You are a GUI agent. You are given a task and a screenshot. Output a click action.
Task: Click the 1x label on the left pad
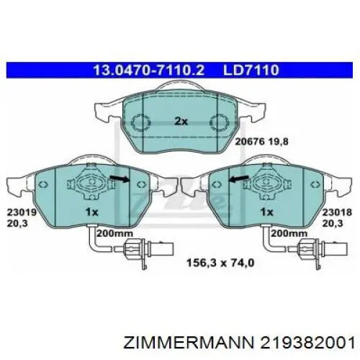point(91,213)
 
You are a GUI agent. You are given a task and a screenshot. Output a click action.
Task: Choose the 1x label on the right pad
point(266,213)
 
